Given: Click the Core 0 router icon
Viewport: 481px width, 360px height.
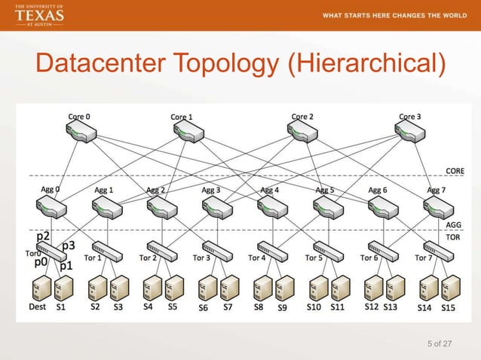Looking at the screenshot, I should tap(80, 131).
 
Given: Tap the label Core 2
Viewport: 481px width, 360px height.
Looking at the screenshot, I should tap(302, 117).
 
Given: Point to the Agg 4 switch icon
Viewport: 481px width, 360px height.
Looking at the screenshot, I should tap(270, 206).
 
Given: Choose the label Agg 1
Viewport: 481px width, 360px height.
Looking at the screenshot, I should tap(104, 191).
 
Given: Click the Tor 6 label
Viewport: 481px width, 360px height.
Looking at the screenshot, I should tap(369, 258).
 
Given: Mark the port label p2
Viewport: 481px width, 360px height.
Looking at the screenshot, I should tap(43, 238).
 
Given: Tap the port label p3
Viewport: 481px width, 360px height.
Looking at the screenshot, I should tap(68, 246).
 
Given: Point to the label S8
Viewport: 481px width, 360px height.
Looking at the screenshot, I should tap(259, 307).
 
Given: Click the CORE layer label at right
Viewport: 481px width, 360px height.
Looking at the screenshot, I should tap(454, 171).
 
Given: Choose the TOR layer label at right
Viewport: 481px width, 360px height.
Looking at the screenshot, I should tap(453, 236).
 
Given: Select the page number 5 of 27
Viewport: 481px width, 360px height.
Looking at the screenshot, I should tap(439, 344).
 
